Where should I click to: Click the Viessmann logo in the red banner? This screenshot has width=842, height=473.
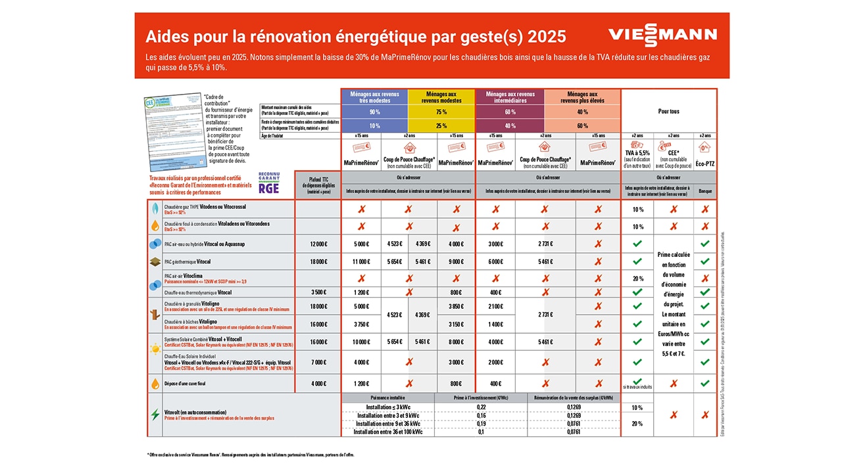point(662,35)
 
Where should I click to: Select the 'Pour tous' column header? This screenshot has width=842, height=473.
point(668,111)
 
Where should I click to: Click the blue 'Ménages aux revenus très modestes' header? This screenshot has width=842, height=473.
point(374,97)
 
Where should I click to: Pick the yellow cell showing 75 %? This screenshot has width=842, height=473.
point(441,112)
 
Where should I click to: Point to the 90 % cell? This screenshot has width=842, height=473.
point(374,112)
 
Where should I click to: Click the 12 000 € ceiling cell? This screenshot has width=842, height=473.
point(318,244)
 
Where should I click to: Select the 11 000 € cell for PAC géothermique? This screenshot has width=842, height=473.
point(360,261)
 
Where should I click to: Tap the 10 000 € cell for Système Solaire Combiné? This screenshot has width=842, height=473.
point(360,342)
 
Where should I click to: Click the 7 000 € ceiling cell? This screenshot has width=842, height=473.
point(318,363)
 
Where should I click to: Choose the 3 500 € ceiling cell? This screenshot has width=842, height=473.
point(318,292)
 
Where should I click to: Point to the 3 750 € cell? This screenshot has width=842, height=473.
point(360,324)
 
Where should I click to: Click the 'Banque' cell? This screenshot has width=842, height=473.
point(705,192)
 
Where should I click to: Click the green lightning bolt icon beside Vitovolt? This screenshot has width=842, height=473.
point(155,415)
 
